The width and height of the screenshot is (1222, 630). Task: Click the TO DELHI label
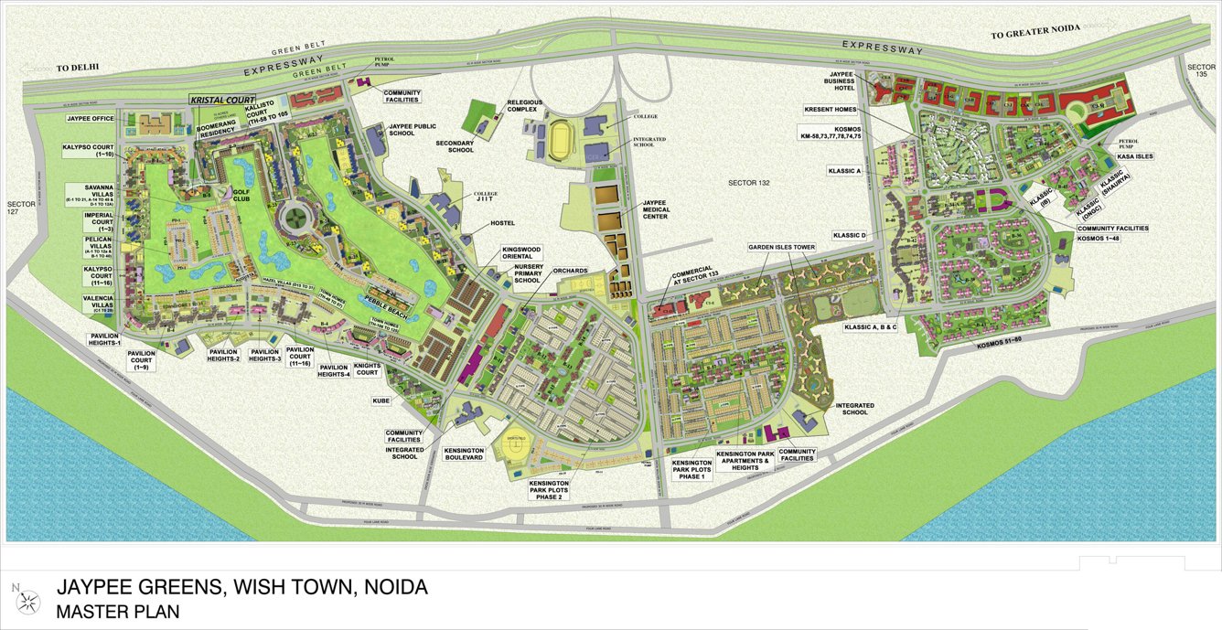[x=77, y=68]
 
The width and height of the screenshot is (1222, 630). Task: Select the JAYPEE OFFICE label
[x=91, y=119]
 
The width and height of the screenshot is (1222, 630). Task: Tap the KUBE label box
[x=381, y=400]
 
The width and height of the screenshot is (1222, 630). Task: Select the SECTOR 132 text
[x=750, y=184]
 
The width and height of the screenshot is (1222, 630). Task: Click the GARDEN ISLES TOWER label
[x=781, y=247]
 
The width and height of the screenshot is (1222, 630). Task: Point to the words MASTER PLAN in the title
[x=117, y=611]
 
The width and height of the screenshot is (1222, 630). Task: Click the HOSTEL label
[x=503, y=223]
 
